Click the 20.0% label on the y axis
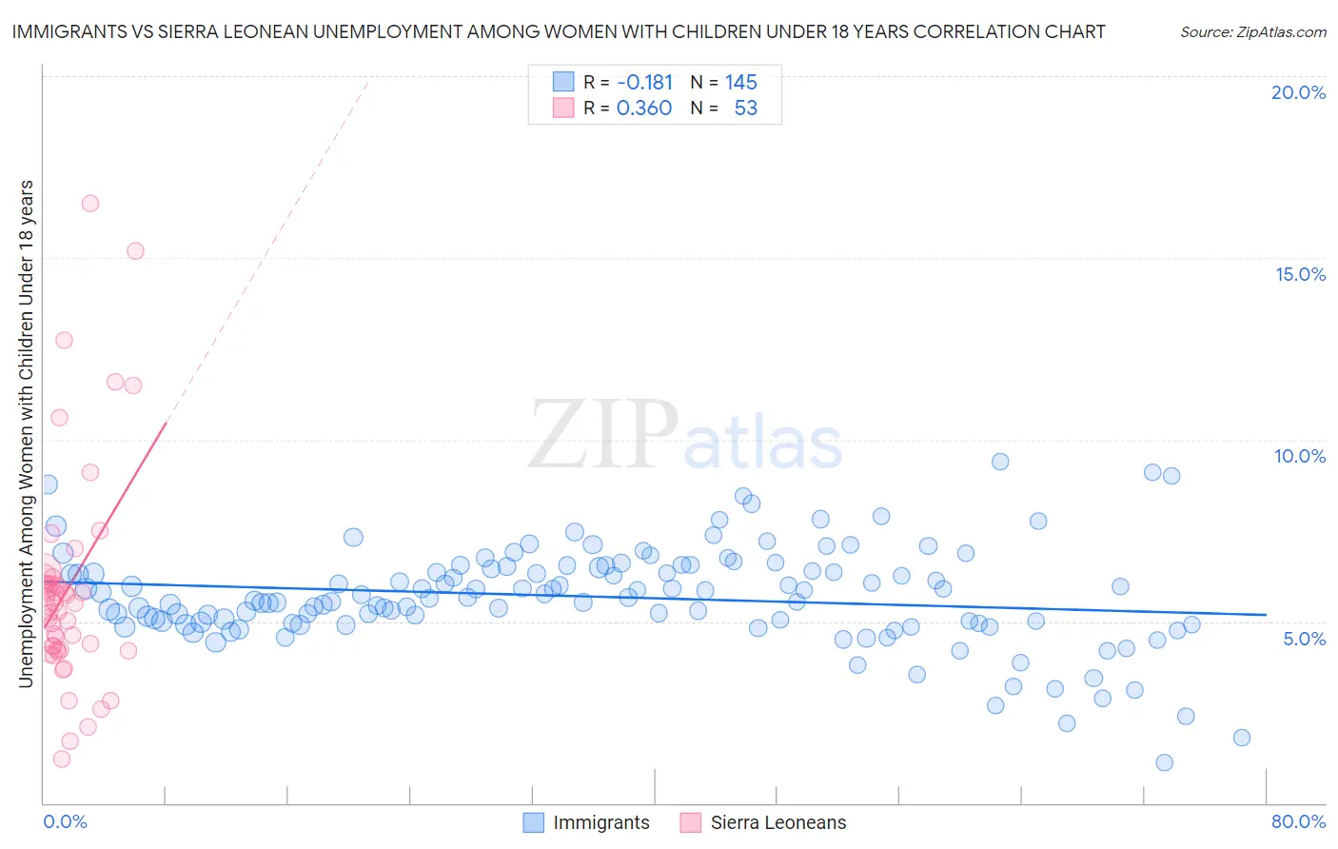pos(1298,92)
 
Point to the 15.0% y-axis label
pos(1300,274)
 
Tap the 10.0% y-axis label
pos(1300,456)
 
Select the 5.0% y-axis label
pos(1304,638)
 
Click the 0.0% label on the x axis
pos(65,821)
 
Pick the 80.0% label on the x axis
pos(1298,821)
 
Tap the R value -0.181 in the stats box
pos(644,82)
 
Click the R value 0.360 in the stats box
pos(644,108)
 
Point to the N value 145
pos(740,82)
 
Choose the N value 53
pos(745,108)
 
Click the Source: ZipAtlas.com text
pos(1252,31)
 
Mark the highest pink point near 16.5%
pos(90,203)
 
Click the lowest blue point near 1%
pos(1164,762)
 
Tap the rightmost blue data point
pos(1241,738)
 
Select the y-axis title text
pos(26,433)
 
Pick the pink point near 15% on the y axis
pos(135,251)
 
